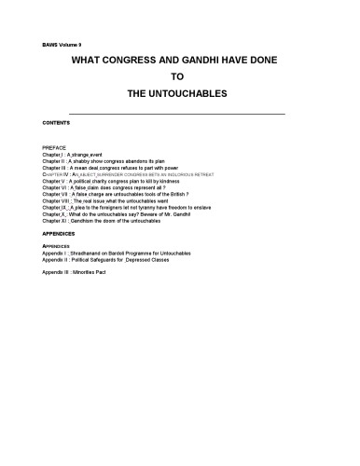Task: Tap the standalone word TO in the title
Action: pyautogui.click(x=179, y=77)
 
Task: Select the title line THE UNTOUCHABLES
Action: pyautogui.click(x=179, y=94)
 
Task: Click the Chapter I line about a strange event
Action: pyautogui.click(x=84, y=155)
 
